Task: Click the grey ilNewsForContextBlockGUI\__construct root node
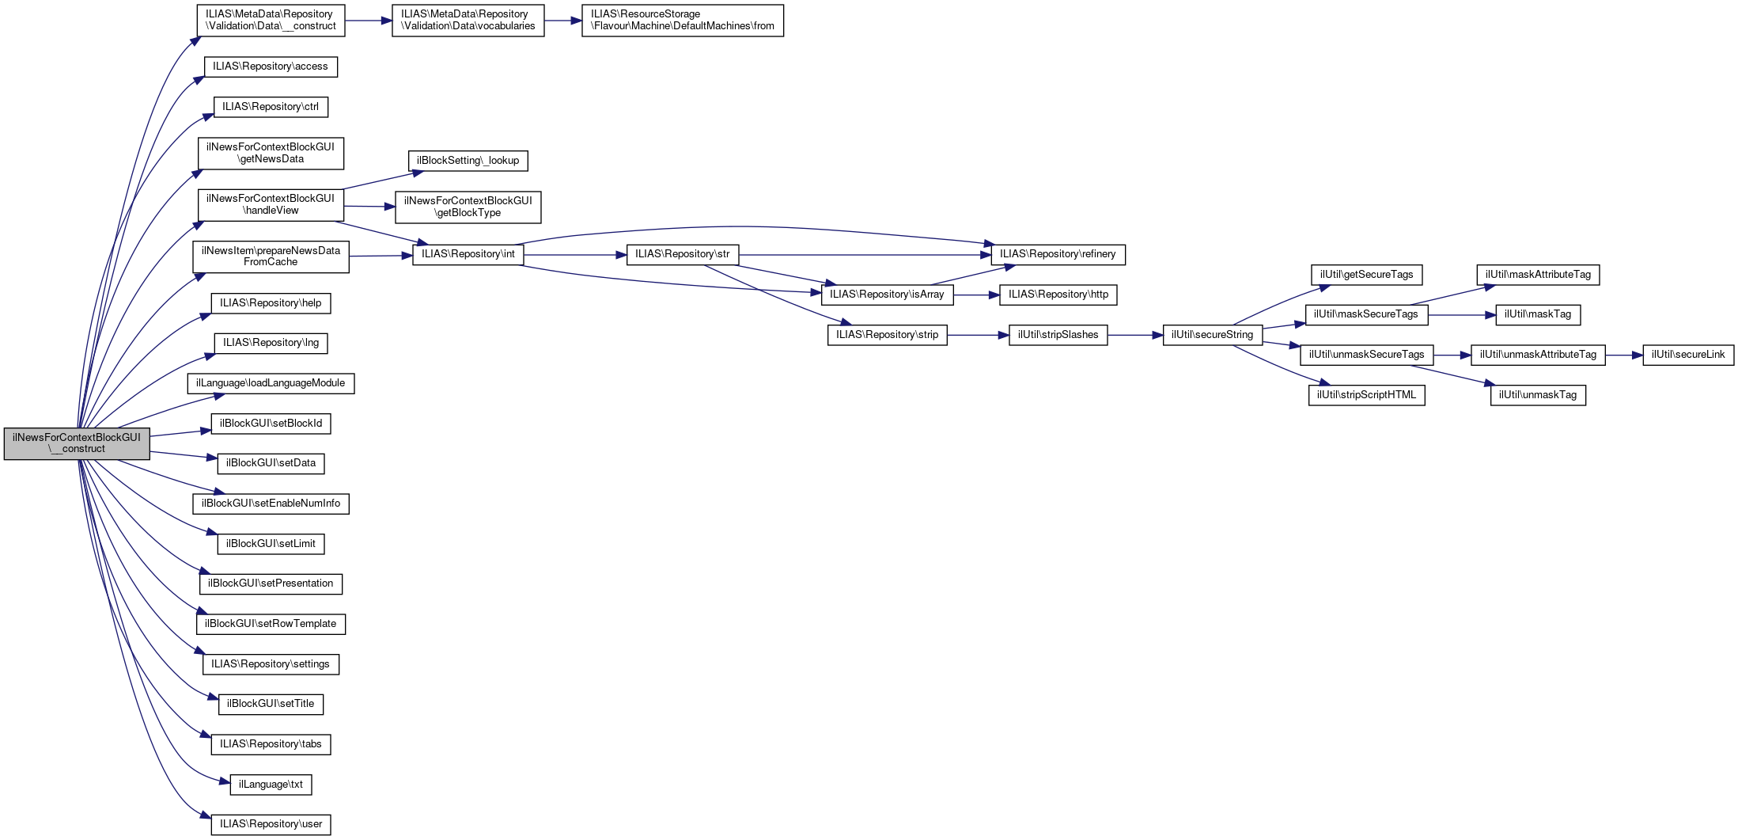(x=77, y=443)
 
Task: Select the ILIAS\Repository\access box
(x=271, y=67)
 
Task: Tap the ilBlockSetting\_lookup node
(x=468, y=161)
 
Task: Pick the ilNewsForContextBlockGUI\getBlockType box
(x=468, y=207)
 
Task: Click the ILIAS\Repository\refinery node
(x=1058, y=254)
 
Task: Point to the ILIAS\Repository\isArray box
(x=887, y=295)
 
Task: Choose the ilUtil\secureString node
(x=1212, y=335)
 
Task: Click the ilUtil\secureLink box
(x=1688, y=355)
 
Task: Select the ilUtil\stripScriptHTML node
(x=1366, y=395)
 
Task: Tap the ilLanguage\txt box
(x=271, y=785)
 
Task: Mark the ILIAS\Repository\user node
(x=271, y=824)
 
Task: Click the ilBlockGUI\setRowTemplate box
(x=271, y=624)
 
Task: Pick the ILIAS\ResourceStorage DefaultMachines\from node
(x=683, y=21)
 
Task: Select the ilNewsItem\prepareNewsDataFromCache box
(x=271, y=257)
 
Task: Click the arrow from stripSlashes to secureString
(x=1135, y=336)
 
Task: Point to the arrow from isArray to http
(x=977, y=295)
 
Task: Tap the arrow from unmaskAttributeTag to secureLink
(x=1624, y=355)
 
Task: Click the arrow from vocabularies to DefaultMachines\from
(x=562, y=21)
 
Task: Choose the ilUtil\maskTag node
(x=1538, y=314)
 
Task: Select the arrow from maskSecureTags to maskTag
(x=1462, y=315)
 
